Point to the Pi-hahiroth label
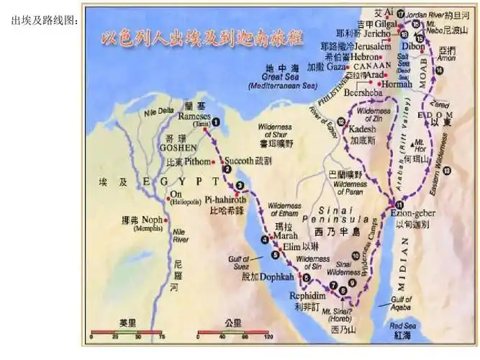[x=225, y=199]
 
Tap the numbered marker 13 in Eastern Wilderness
[x=447, y=170]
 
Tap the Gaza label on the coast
[x=335, y=67]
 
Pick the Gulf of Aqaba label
[x=401, y=303]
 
